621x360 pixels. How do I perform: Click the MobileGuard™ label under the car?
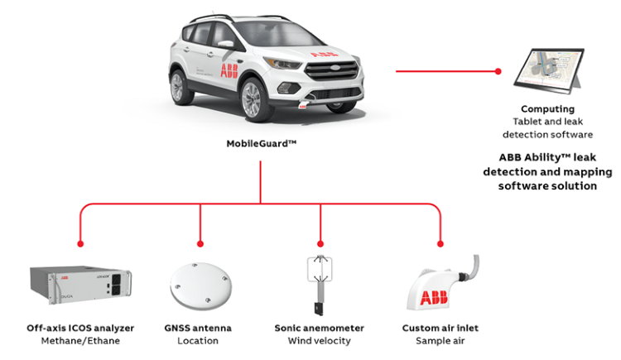pyautogui.click(x=262, y=143)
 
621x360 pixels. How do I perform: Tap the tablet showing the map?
pyautogui.click(x=549, y=71)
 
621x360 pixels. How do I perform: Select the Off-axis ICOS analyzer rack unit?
pyautogui.click(x=80, y=285)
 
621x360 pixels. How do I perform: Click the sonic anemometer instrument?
pyautogui.click(x=320, y=286)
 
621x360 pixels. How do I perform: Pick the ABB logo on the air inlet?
pyautogui.click(x=434, y=298)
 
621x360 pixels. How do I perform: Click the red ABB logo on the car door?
pyautogui.click(x=229, y=70)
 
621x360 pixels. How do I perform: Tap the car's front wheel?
pyautogui.click(x=254, y=100)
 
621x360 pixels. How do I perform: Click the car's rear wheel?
pyautogui.click(x=180, y=87)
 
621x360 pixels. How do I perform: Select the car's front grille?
pyautogui.click(x=333, y=70)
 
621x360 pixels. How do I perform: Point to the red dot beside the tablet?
pyautogui.click(x=498, y=71)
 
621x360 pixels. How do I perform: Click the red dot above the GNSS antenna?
pyautogui.click(x=200, y=244)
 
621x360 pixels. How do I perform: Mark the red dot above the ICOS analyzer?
pyautogui.click(x=80, y=244)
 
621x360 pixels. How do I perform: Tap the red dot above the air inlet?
pyautogui.click(x=440, y=244)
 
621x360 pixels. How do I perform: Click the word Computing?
pyautogui.click(x=548, y=109)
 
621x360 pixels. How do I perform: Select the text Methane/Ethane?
pyautogui.click(x=80, y=341)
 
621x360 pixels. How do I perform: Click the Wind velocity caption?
pyautogui.click(x=320, y=341)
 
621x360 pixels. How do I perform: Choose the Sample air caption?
pyautogui.click(x=440, y=341)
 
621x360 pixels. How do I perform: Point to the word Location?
pyautogui.click(x=198, y=341)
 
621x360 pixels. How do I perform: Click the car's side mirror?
pyautogui.click(x=225, y=44)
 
